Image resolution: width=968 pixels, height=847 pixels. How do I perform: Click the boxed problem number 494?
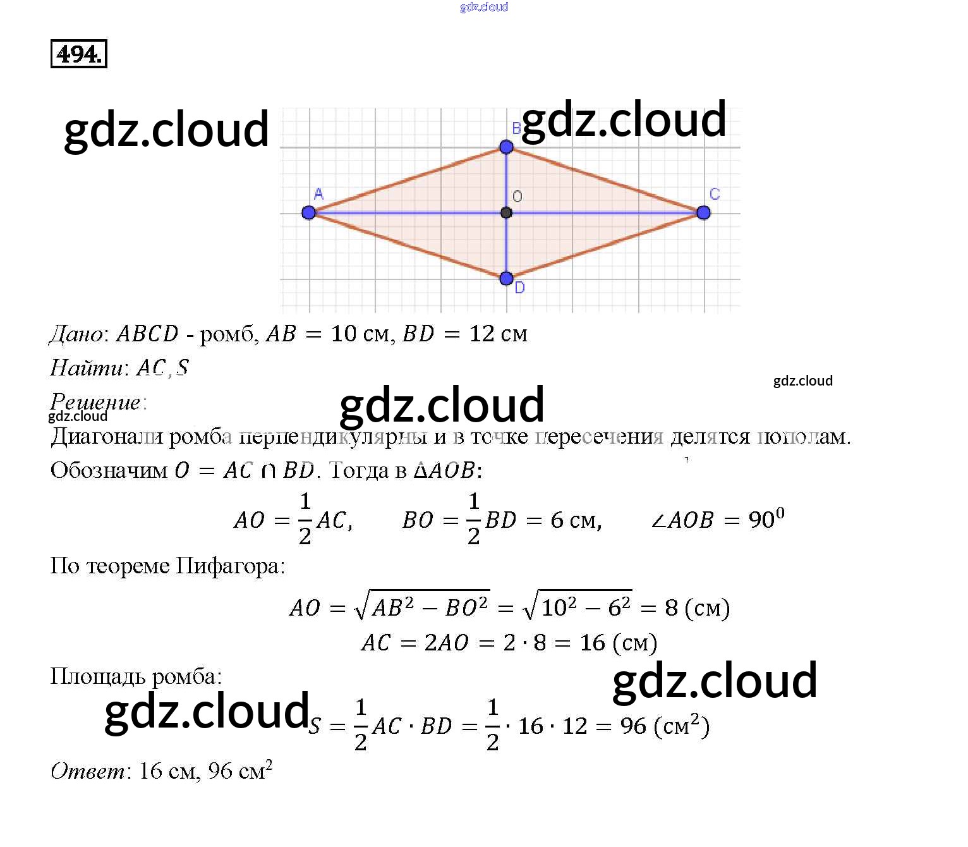tap(78, 54)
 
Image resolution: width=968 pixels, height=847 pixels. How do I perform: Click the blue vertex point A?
tap(308, 212)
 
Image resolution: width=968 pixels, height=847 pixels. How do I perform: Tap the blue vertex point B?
tap(506, 147)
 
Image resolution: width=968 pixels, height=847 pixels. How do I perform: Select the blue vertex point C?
tap(703, 212)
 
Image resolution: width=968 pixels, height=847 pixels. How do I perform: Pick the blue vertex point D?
tap(506, 278)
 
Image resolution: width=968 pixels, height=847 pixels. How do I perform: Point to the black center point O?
tap(506, 212)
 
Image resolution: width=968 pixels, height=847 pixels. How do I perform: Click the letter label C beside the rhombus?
tap(715, 194)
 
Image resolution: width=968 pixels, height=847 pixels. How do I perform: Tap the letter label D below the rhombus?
tap(519, 288)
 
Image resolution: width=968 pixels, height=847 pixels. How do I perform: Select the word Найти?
tap(87, 368)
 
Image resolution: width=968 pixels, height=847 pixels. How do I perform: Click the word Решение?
tap(95, 402)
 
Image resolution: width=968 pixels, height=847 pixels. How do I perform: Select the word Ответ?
tap(88, 771)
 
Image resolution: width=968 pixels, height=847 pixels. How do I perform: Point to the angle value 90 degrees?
tap(766, 519)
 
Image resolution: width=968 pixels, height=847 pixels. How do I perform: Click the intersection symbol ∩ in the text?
tap(268, 471)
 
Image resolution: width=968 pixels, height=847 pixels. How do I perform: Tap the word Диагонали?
tap(107, 437)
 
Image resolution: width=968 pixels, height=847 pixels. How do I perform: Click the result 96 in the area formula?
tap(633, 726)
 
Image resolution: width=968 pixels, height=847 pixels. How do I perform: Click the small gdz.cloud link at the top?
tap(484, 7)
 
